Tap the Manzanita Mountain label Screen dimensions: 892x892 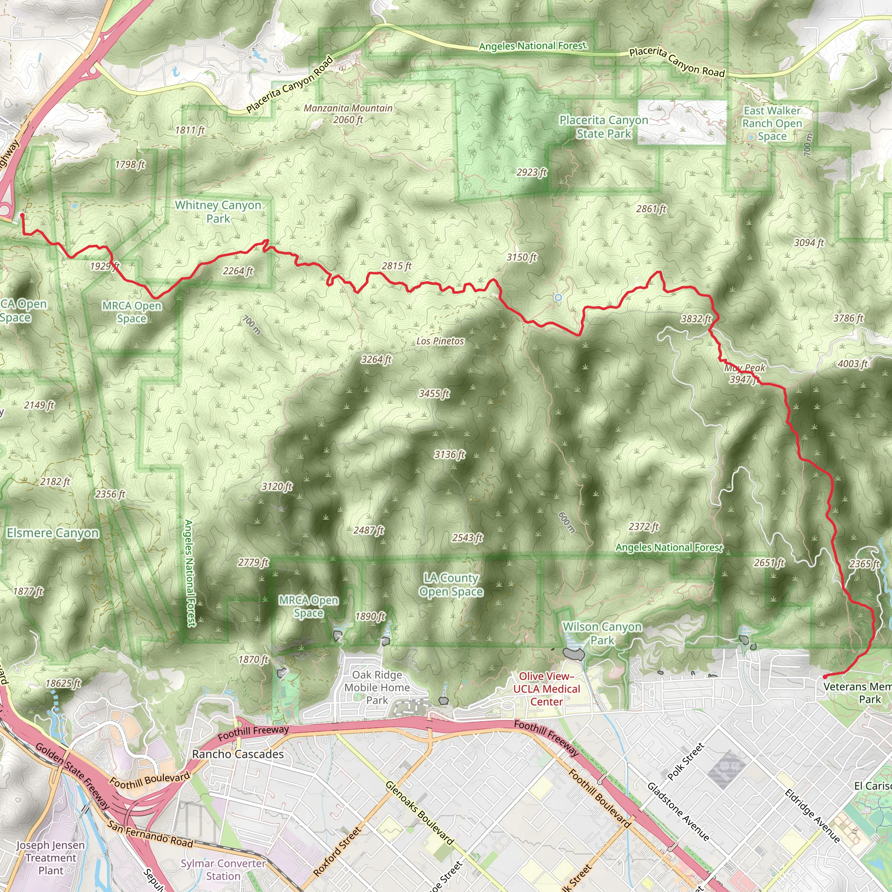pyautogui.click(x=348, y=114)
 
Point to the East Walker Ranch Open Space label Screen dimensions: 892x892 pyautogui.click(x=772, y=123)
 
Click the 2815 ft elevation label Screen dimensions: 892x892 pyautogui.click(x=397, y=266)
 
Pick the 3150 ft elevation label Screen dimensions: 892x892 pyautogui.click(x=522, y=257)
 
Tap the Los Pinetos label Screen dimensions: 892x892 pyautogui.click(x=440, y=341)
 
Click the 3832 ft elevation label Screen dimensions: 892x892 pyautogui.click(x=696, y=318)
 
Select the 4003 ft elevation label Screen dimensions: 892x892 pyautogui.click(x=853, y=364)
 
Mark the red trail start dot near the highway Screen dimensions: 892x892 pyautogui.click(x=22, y=215)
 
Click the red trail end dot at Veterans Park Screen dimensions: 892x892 pyautogui.click(x=825, y=677)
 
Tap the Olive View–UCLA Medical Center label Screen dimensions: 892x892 pyautogui.click(x=547, y=689)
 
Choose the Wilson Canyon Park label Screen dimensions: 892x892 pyautogui.click(x=602, y=633)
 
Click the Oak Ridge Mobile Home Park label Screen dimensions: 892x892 pyautogui.click(x=377, y=687)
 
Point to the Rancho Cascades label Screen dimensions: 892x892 pyautogui.click(x=238, y=754)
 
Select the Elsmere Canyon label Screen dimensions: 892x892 pyautogui.click(x=53, y=533)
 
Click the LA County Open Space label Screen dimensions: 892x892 pyautogui.click(x=451, y=585)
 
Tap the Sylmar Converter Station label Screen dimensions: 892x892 pyautogui.click(x=223, y=869)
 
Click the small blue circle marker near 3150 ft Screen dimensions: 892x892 pyautogui.click(x=558, y=298)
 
